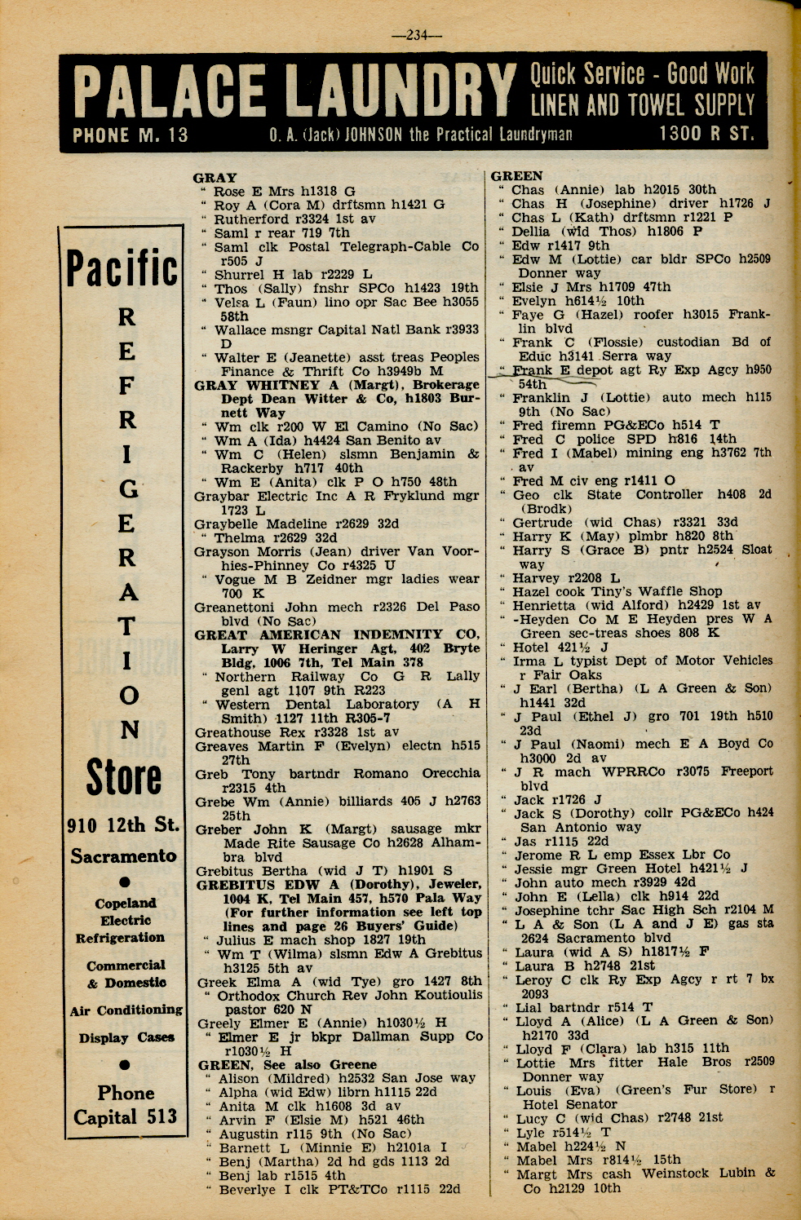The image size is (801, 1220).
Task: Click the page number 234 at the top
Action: pyautogui.click(x=416, y=35)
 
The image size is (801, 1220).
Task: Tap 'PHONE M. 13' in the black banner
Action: pyautogui.click(x=131, y=135)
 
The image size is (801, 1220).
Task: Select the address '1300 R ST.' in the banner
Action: pyautogui.click(x=706, y=133)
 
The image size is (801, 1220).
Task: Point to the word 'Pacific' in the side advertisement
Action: pyautogui.click(x=122, y=268)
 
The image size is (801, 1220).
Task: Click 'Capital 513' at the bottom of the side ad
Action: pyautogui.click(x=125, y=1116)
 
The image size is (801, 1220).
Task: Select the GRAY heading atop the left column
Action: pyautogui.click(x=215, y=177)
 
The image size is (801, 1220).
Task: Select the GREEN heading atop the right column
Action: pyautogui.click(x=516, y=175)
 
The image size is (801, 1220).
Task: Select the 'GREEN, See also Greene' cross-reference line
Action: pyautogui.click(x=287, y=1064)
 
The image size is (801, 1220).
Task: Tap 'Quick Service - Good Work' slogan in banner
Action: pyautogui.click(x=642, y=75)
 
